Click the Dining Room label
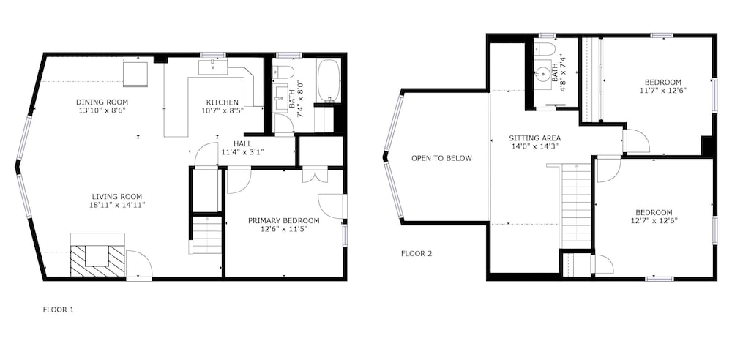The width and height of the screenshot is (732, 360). coord(102,102)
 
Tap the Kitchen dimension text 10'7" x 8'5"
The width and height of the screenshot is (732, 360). coord(223,110)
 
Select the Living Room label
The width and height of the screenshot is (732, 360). coord(116,197)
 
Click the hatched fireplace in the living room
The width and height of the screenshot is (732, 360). coord(97,261)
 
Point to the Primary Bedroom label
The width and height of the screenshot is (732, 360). coord(284,220)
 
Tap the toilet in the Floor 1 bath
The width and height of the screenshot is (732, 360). coord(283,71)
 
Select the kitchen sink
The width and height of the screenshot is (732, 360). coord(213,67)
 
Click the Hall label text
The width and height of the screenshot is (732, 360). coord(242,143)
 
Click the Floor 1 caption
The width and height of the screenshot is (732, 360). coord(59,309)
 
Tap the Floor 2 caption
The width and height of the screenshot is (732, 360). coord(417,254)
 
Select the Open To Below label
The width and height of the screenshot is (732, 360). coord(441,158)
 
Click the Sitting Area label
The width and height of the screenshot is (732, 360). coord(534,138)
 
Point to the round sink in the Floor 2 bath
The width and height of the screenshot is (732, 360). coord(543,73)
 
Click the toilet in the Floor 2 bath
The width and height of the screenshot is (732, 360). coord(543,48)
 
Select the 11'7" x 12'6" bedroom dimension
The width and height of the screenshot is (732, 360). coord(663,90)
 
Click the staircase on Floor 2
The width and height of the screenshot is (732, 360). coord(577,206)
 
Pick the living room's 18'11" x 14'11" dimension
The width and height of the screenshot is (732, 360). coord(116,205)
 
